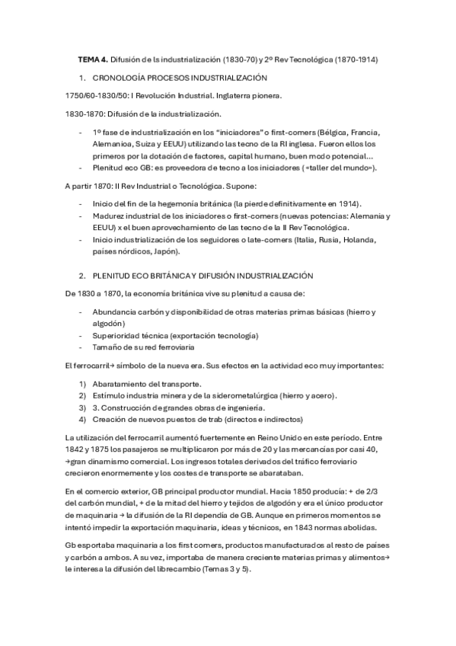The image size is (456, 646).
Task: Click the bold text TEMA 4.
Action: tap(94, 59)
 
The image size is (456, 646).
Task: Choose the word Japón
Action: tap(166, 251)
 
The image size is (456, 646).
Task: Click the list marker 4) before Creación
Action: tap(83, 419)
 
